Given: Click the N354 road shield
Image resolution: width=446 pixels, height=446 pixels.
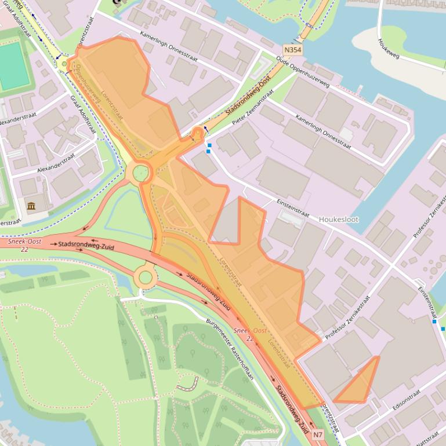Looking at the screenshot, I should coord(293,50).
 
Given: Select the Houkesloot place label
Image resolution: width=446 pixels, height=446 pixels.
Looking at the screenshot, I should coord(339,220).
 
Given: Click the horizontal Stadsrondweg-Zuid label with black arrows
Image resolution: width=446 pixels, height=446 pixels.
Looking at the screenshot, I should coord(85,246).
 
